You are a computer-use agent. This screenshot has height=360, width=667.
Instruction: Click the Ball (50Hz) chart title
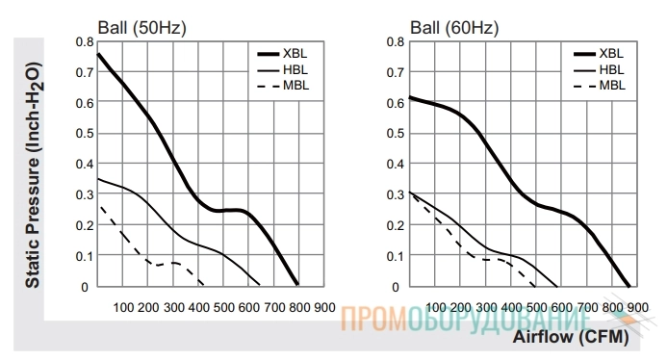click(x=141, y=28)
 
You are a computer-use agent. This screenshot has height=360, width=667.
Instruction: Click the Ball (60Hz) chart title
click(x=454, y=28)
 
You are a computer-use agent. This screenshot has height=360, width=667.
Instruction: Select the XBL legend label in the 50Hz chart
click(x=295, y=54)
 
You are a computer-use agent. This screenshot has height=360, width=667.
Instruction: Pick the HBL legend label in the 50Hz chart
click(x=295, y=70)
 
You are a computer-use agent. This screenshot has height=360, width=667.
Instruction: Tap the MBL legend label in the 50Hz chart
click(x=296, y=86)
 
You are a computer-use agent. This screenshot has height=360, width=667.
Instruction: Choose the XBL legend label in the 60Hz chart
click(x=611, y=54)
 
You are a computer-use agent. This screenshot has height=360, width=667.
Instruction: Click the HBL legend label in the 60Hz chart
click(x=612, y=70)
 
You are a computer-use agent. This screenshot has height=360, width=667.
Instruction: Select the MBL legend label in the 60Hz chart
click(x=612, y=86)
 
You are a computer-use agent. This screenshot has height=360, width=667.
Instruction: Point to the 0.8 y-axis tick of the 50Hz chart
click(x=85, y=42)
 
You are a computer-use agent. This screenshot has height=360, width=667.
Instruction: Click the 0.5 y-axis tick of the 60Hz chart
click(x=396, y=134)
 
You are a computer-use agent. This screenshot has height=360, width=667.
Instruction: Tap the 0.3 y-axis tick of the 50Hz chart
click(x=85, y=194)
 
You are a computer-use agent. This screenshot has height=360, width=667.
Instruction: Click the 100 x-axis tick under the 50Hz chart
click(x=123, y=308)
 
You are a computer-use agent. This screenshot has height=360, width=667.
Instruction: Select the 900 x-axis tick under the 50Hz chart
click(x=324, y=308)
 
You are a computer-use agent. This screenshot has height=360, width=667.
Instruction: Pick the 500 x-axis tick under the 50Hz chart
click(x=223, y=308)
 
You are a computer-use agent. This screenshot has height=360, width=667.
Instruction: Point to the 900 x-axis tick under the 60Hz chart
click(x=638, y=308)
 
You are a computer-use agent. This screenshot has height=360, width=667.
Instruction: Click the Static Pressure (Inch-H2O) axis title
click(x=33, y=175)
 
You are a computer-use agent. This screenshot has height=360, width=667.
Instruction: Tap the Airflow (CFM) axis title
click(x=571, y=337)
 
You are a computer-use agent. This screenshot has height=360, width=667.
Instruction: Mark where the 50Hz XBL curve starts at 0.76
click(x=98, y=54)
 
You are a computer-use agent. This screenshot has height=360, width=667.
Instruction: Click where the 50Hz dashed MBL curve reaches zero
click(x=203, y=285)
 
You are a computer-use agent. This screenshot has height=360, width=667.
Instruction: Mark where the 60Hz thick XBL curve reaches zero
click(x=629, y=286)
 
